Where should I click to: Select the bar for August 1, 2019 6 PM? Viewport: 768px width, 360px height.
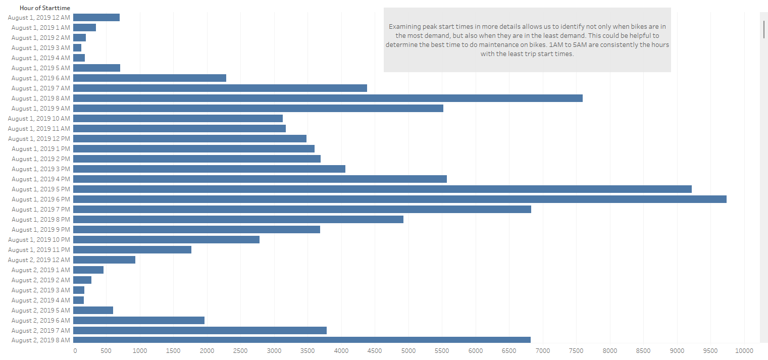pyautogui.click(x=399, y=199)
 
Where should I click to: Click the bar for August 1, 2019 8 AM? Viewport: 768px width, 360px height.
pyautogui.click(x=328, y=98)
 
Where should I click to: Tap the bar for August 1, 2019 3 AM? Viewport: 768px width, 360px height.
pyautogui.click(x=77, y=47)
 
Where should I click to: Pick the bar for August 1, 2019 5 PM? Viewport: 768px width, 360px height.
pyautogui.click(x=382, y=189)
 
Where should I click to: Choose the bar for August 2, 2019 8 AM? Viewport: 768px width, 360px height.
pyautogui.click(x=302, y=340)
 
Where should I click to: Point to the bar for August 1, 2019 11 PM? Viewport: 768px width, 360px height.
pyautogui.click(x=132, y=249)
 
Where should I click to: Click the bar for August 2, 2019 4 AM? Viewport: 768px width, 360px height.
pyautogui.click(x=79, y=300)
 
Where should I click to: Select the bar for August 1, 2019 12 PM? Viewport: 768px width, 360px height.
pyautogui.click(x=190, y=138)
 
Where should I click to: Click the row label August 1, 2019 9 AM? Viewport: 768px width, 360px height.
pyautogui.click(x=41, y=108)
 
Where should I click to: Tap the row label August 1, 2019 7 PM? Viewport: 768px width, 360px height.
pyautogui.click(x=41, y=209)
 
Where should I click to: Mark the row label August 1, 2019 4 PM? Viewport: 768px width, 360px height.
pyautogui.click(x=41, y=179)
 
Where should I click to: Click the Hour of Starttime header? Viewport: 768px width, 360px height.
pyautogui.click(x=45, y=8)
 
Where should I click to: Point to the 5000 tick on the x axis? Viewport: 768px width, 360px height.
pyautogui.click(x=408, y=350)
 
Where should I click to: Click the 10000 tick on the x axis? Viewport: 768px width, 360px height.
pyautogui.click(x=744, y=350)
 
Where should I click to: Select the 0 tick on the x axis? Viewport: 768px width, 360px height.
pyautogui.click(x=75, y=350)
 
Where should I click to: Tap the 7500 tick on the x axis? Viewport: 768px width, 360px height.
pyautogui.click(x=576, y=350)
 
